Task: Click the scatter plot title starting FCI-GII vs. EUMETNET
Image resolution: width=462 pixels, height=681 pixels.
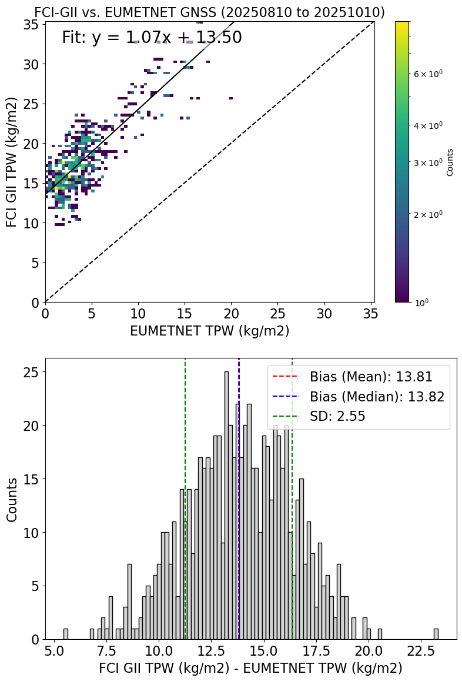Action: click(x=209, y=12)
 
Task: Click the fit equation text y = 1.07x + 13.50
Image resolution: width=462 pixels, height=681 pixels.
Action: click(x=152, y=38)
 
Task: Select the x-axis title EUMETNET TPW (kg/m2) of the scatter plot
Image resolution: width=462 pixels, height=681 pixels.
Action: click(x=209, y=331)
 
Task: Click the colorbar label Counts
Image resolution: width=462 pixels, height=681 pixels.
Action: click(x=450, y=162)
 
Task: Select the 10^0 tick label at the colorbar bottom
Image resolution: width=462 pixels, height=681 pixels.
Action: click(x=421, y=302)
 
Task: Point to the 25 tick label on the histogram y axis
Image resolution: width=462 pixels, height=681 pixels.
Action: click(x=31, y=373)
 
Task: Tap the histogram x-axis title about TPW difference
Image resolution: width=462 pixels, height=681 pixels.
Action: click(x=250, y=669)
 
